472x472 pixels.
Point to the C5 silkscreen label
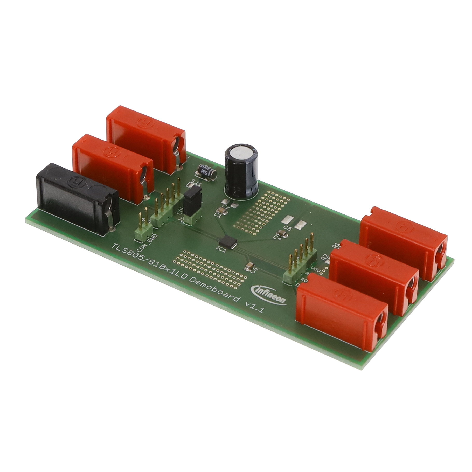click(288, 228)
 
